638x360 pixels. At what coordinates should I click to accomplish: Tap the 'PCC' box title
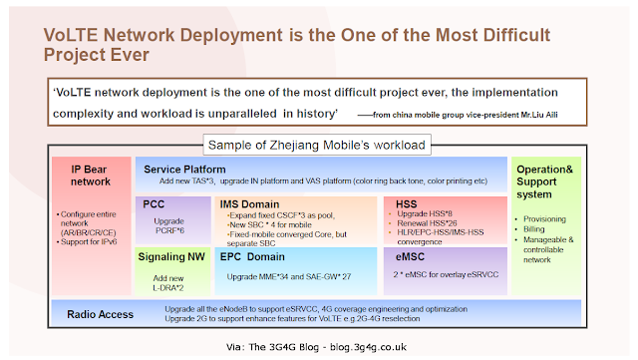coord(155,204)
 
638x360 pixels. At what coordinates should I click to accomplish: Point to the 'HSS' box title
coord(401,203)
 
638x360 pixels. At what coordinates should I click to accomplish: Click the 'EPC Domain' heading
coord(260,256)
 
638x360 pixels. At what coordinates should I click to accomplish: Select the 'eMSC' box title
coord(407,256)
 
